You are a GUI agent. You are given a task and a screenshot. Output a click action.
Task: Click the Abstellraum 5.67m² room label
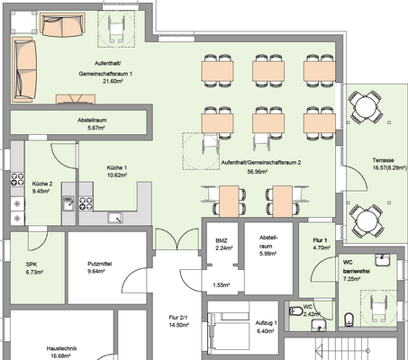coord(92,124)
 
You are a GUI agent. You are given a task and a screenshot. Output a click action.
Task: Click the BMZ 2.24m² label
coord(222,244)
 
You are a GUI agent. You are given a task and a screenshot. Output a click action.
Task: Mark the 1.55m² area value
coord(222,285)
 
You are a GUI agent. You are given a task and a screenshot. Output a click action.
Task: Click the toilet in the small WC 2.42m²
coord(295,311)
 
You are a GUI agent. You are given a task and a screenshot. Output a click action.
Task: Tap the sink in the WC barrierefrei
coord(382,260)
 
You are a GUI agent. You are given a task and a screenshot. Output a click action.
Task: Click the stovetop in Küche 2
coord(17,179)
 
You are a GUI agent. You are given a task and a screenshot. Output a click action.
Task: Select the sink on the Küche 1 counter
coord(115,218)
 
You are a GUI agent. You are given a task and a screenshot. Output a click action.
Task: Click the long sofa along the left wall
coord(24,69)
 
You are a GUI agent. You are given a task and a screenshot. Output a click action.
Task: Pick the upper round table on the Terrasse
coord(365,106)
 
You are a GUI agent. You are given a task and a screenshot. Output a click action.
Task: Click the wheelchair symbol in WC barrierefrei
coord(379,308)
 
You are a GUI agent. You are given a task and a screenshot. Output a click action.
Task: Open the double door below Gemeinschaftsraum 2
coord(177,239)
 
